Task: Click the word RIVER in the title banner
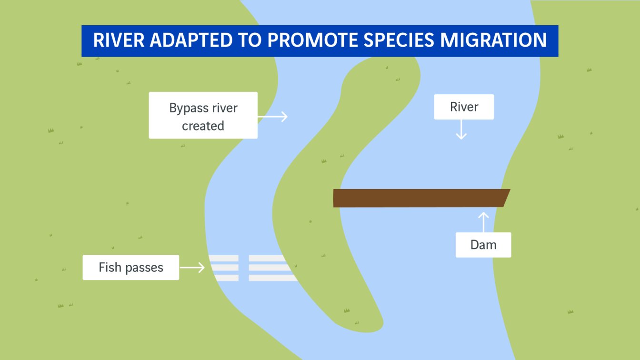click(x=119, y=40)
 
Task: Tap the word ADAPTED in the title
click(x=191, y=40)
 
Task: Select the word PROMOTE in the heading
click(x=312, y=40)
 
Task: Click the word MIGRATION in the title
click(x=493, y=40)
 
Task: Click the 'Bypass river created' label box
click(x=203, y=115)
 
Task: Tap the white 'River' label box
click(x=464, y=107)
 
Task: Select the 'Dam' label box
click(x=483, y=245)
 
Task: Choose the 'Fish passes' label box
click(x=131, y=268)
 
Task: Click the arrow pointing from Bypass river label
click(x=272, y=117)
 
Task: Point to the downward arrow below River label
click(x=461, y=130)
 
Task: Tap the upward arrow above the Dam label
click(x=483, y=222)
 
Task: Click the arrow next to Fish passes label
click(x=192, y=268)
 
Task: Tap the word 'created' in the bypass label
click(x=203, y=126)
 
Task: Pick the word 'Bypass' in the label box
click(x=189, y=109)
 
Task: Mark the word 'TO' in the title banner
click(x=250, y=40)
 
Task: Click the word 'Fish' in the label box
click(x=110, y=268)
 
